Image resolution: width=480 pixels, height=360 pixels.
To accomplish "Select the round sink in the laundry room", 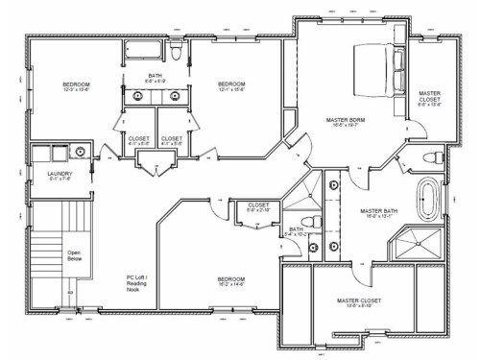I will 81,152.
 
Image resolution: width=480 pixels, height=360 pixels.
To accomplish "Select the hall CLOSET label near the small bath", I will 257,205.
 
